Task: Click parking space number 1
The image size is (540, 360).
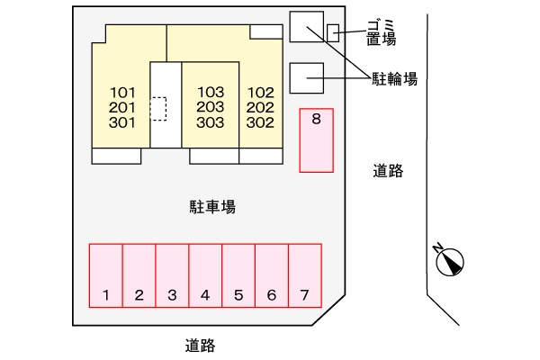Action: tap(105, 275)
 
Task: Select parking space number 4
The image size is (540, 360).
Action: tap(205, 275)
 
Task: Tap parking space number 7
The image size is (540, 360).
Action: tap(305, 275)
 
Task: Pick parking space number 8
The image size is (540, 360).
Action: tap(316, 140)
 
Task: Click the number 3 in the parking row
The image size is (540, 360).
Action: tap(172, 295)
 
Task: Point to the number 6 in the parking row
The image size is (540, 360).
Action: tap(272, 295)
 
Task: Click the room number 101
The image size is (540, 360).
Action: tap(122, 93)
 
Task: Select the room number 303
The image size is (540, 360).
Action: tap(210, 122)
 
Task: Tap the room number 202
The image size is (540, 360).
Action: tap(260, 107)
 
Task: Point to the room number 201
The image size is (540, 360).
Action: tap(122, 108)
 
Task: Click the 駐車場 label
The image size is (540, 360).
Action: tap(212, 207)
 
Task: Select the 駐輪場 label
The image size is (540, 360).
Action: tap(395, 79)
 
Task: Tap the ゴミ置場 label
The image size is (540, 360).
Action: tap(382, 32)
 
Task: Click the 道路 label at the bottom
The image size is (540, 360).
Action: tap(201, 346)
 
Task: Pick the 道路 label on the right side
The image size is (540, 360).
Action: tap(388, 171)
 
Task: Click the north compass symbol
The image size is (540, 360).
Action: tap(450, 262)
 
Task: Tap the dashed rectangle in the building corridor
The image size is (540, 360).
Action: tap(158, 109)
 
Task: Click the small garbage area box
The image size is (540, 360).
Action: tap(333, 33)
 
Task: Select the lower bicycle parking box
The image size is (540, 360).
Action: tap(307, 78)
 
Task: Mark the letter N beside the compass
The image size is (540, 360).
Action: tap(438, 247)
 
